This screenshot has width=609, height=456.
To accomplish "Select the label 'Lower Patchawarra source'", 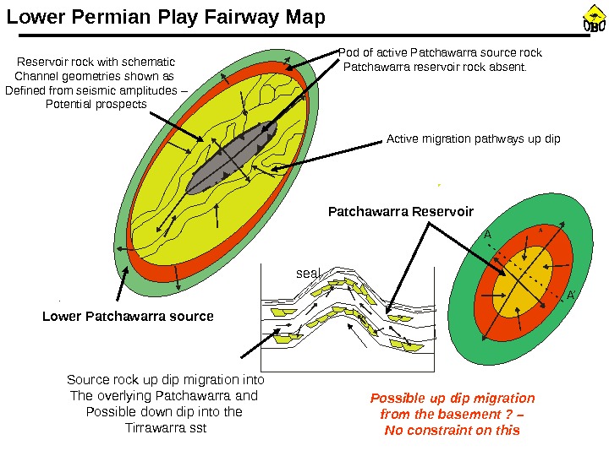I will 128,316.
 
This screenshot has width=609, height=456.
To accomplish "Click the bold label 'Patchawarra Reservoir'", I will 400,211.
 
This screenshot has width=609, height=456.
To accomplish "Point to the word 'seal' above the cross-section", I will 309,274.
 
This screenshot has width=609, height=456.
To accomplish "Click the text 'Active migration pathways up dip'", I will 473,138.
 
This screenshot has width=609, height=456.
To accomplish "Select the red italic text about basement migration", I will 453,414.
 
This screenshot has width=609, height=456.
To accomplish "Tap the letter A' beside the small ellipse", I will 570,296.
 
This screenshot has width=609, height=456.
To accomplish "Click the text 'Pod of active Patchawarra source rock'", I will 441,52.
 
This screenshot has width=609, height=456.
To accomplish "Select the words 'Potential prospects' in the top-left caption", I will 95,104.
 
